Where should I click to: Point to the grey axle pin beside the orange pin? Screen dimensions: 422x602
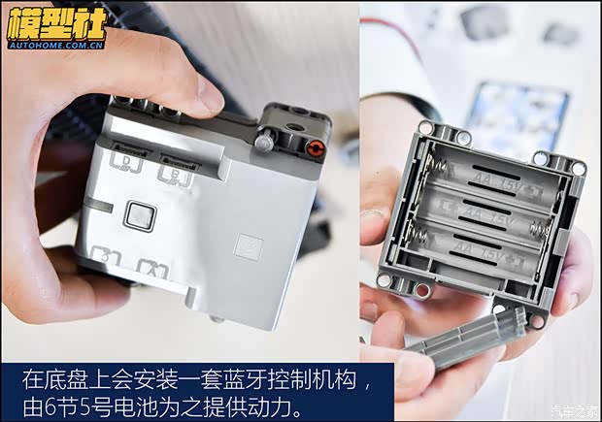264,145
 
